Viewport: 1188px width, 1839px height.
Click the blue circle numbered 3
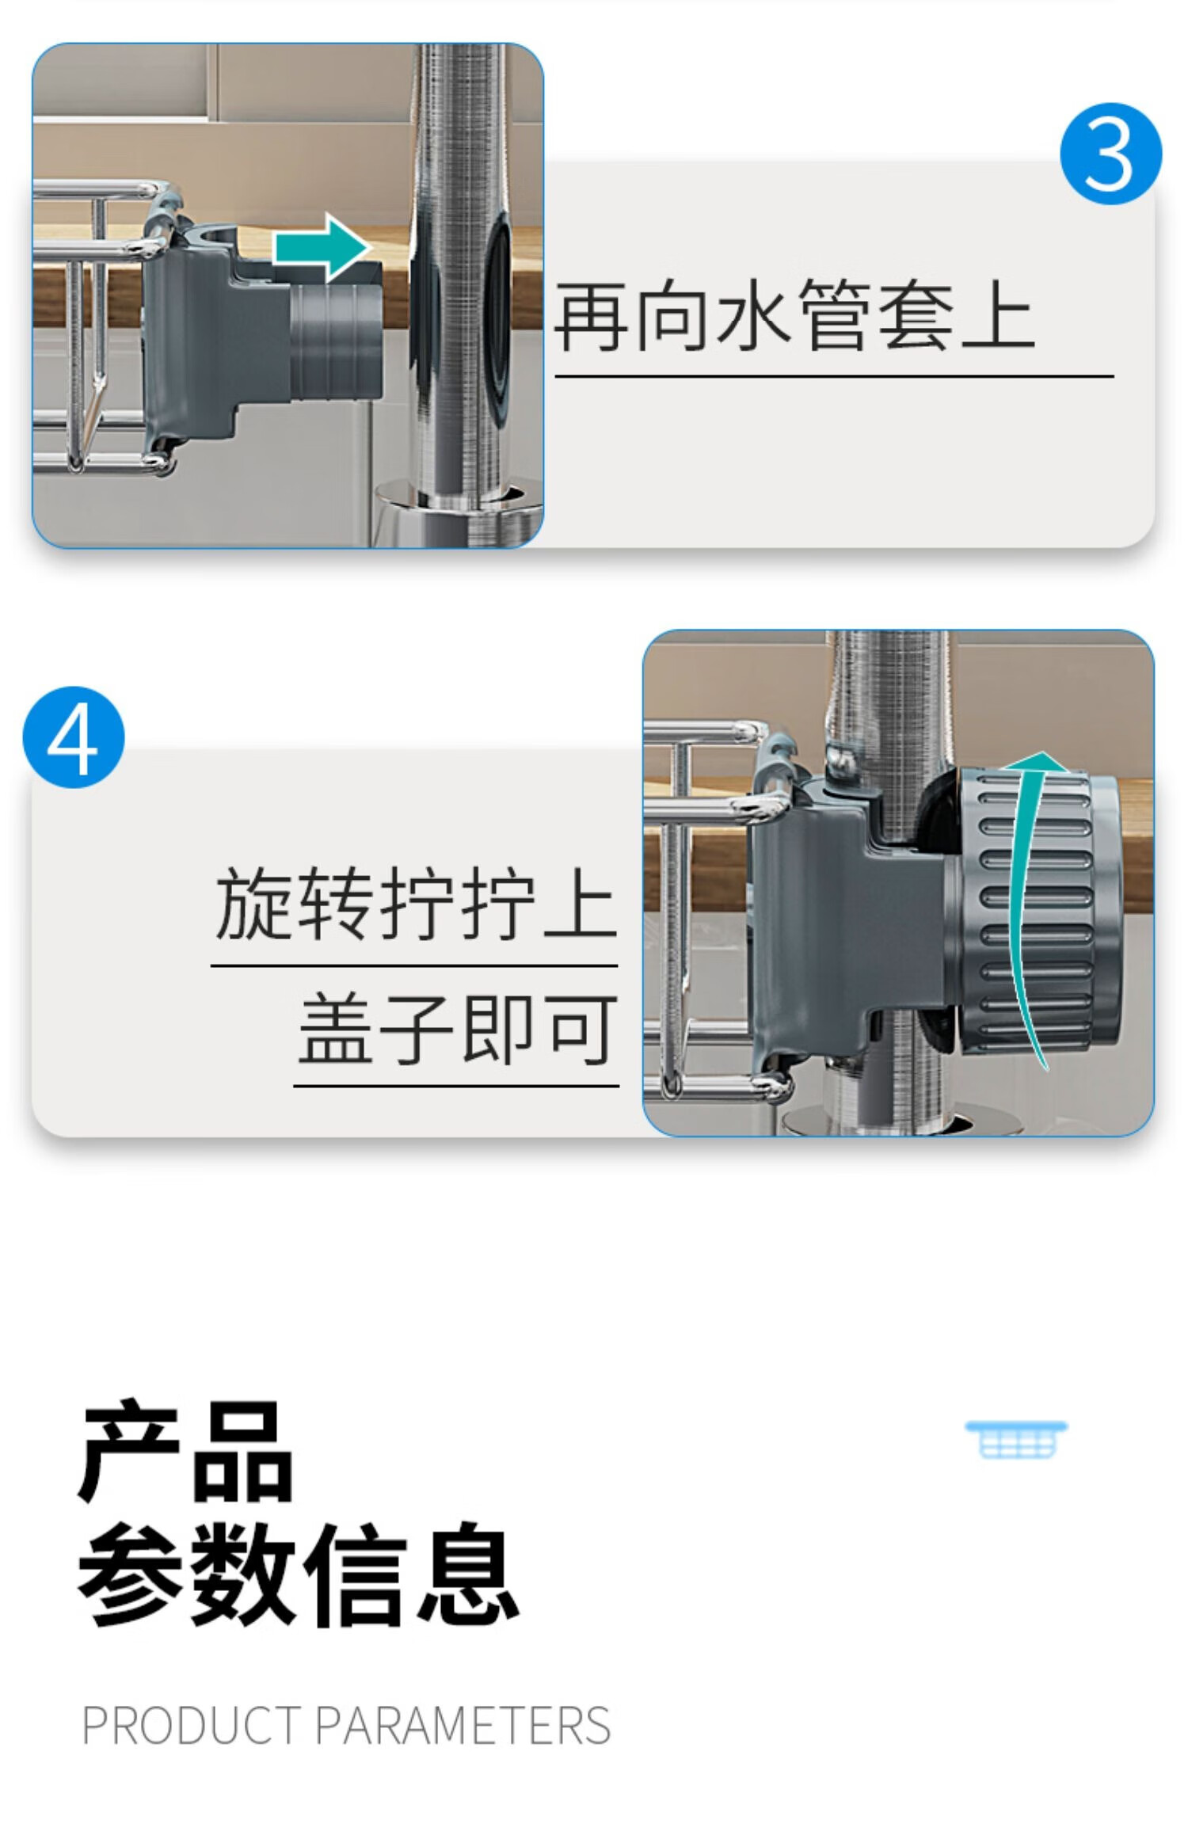click(x=1110, y=154)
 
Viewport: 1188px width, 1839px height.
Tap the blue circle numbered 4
click(x=74, y=737)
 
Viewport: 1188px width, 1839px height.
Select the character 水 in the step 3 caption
click(x=753, y=315)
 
